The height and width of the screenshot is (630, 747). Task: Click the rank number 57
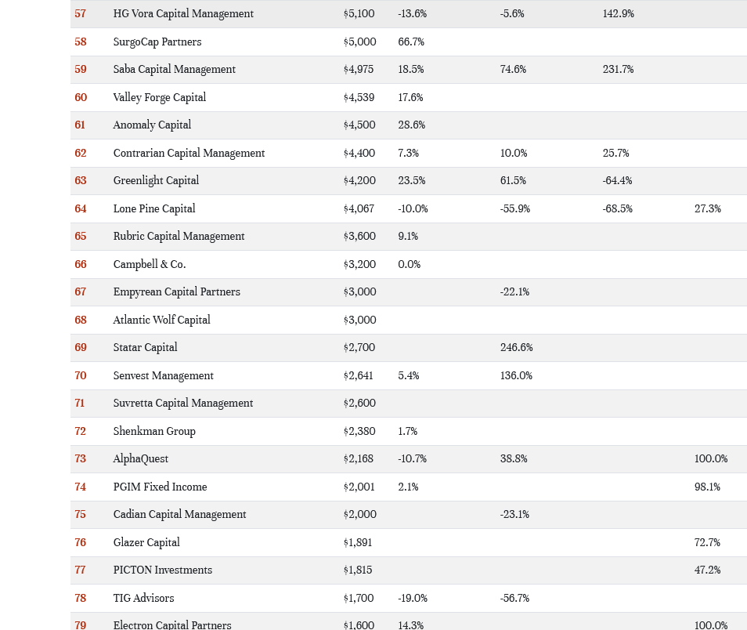click(81, 14)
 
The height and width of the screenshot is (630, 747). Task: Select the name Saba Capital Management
click(174, 70)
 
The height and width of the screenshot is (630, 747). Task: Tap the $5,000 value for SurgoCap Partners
click(359, 42)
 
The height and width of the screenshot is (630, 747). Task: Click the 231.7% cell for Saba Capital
click(618, 70)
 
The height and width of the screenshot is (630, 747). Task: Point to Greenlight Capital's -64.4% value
click(617, 180)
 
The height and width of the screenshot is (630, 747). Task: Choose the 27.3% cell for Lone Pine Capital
click(707, 208)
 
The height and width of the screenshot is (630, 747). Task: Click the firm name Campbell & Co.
click(150, 264)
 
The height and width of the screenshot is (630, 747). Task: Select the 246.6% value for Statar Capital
click(516, 347)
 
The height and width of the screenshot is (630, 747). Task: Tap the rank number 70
click(81, 375)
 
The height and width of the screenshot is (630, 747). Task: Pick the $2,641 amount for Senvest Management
click(359, 375)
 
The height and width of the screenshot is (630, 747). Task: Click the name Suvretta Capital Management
click(183, 403)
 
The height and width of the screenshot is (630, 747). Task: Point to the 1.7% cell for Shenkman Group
click(407, 431)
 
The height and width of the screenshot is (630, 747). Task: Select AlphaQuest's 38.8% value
click(513, 458)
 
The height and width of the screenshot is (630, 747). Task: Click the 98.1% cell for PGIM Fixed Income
click(707, 487)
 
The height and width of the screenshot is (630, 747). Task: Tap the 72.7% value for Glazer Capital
click(707, 542)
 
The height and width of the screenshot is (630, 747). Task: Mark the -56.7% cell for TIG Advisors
click(514, 598)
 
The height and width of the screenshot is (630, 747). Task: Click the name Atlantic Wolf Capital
click(161, 320)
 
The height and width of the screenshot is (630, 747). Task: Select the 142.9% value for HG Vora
click(618, 14)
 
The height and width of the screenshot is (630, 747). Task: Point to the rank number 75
click(81, 514)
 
